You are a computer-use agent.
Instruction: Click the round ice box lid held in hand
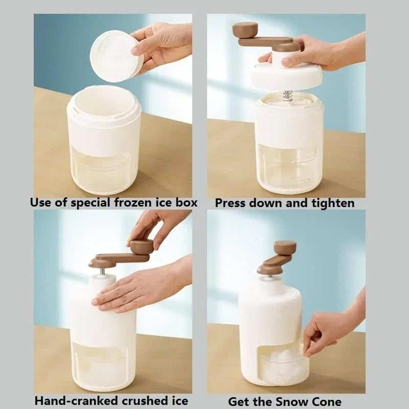pyautogui.click(x=116, y=56)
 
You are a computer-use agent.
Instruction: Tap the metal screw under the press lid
pyautogui.click(x=288, y=96)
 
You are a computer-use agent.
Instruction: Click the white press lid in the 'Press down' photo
pyautogui.click(x=286, y=77)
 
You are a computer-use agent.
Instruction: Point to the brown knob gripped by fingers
pyautogui.click(x=142, y=247)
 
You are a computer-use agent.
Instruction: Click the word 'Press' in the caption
pyautogui.click(x=231, y=203)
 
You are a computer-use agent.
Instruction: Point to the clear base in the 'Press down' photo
pyautogui.click(x=289, y=169)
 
